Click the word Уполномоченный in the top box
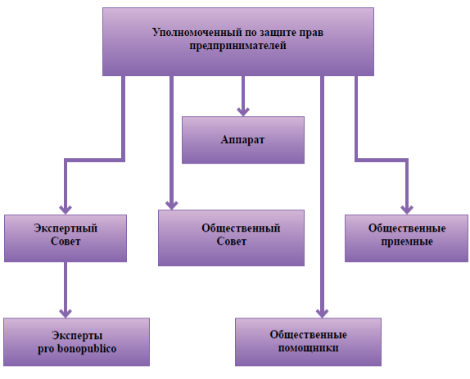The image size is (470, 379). coord(197,33)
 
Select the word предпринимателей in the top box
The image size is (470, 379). coord(237,46)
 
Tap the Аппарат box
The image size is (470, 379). coord(243,140)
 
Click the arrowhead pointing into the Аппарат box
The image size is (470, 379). coord(243,112)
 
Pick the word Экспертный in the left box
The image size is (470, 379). coord(66,228)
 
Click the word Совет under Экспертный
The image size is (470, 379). coord(66,241)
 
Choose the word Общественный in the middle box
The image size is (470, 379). coord(241,228)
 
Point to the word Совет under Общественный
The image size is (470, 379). coord(232,241)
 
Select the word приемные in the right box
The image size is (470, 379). coord(407,241)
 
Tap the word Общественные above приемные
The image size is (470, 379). coord(407,228)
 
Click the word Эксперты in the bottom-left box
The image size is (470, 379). coord(77,336)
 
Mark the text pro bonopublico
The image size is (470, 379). coord(77,349)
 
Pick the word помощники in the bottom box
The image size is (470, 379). coord(308,348)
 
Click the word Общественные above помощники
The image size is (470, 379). coord(308,335)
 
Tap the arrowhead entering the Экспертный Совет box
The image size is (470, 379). coord(66,210)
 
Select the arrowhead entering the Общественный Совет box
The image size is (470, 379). coord(171,205)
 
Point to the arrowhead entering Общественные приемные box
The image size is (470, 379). coord(407,210)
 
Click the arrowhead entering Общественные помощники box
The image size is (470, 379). coord(322,314)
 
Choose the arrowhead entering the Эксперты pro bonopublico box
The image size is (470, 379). coord(66,314)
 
